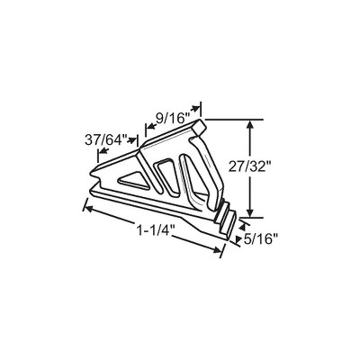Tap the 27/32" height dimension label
[x=247, y=167]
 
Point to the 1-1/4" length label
[x=156, y=231]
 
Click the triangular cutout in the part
[x=133, y=181]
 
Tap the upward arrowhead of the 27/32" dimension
[x=251, y=125]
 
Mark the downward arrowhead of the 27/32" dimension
[x=251, y=211]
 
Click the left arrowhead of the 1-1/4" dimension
[x=88, y=208]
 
